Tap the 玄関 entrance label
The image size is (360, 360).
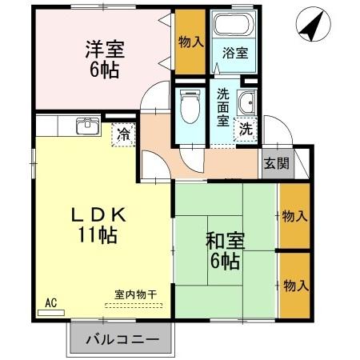(x=276, y=166)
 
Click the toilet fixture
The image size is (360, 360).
(x=190, y=108)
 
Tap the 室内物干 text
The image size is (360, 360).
(x=134, y=294)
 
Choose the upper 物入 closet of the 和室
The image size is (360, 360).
(x=294, y=216)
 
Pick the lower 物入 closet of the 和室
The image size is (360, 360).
(x=294, y=285)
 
